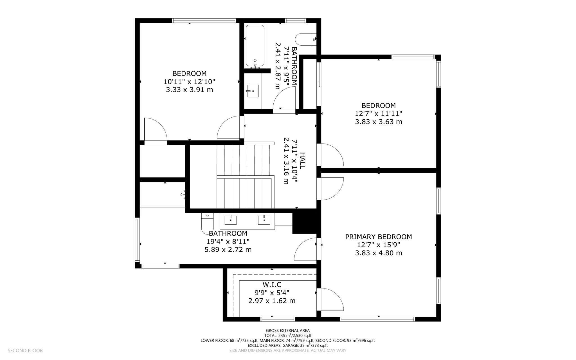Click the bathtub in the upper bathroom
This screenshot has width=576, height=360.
(x=255, y=45)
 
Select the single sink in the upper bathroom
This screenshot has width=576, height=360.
(x=253, y=91)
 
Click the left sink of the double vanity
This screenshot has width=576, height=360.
(x=230, y=220)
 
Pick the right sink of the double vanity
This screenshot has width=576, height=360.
(x=264, y=220)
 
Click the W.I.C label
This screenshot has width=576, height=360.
(x=272, y=285)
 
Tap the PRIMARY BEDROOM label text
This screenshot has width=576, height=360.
(x=378, y=237)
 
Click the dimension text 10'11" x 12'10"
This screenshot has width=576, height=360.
(x=189, y=82)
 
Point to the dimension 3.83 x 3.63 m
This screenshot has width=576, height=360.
(x=378, y=122)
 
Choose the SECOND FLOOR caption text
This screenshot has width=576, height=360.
(x=25, y=350)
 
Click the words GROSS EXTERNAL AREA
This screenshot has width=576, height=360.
(x=287, y=330)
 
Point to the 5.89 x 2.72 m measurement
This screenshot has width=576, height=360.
(x=228, y=250)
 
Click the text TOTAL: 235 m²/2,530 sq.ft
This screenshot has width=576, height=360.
(x=287, y=336)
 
